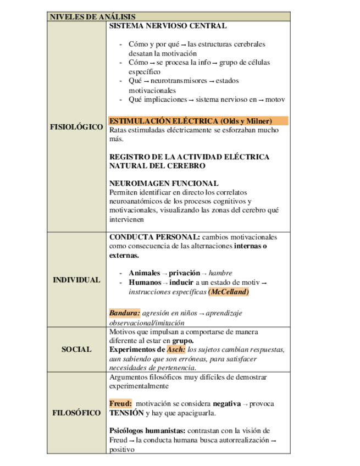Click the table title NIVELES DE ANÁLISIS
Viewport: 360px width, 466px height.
[92, 17]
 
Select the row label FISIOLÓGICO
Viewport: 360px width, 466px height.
[76, 127]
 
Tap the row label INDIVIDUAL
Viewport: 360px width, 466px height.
[76, 280]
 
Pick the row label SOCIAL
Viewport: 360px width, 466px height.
[76, 349]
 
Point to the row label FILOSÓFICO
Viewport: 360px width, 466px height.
[76, 413]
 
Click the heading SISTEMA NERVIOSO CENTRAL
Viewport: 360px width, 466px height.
[168, 26]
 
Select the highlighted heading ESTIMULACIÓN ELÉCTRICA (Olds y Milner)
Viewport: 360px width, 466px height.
[190, 121]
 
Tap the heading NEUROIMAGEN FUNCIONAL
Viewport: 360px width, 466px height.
[164, 184]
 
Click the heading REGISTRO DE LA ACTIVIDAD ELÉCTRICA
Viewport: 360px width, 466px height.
[189, 157]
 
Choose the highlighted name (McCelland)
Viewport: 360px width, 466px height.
[229, 292]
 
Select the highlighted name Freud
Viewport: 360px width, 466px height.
[120, 403]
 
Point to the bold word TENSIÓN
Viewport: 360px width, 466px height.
[126, 413]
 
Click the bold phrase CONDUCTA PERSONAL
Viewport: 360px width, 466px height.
[149, 237]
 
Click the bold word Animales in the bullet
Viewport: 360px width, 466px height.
[145, 273]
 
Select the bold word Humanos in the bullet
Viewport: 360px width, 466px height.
[145, 282]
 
